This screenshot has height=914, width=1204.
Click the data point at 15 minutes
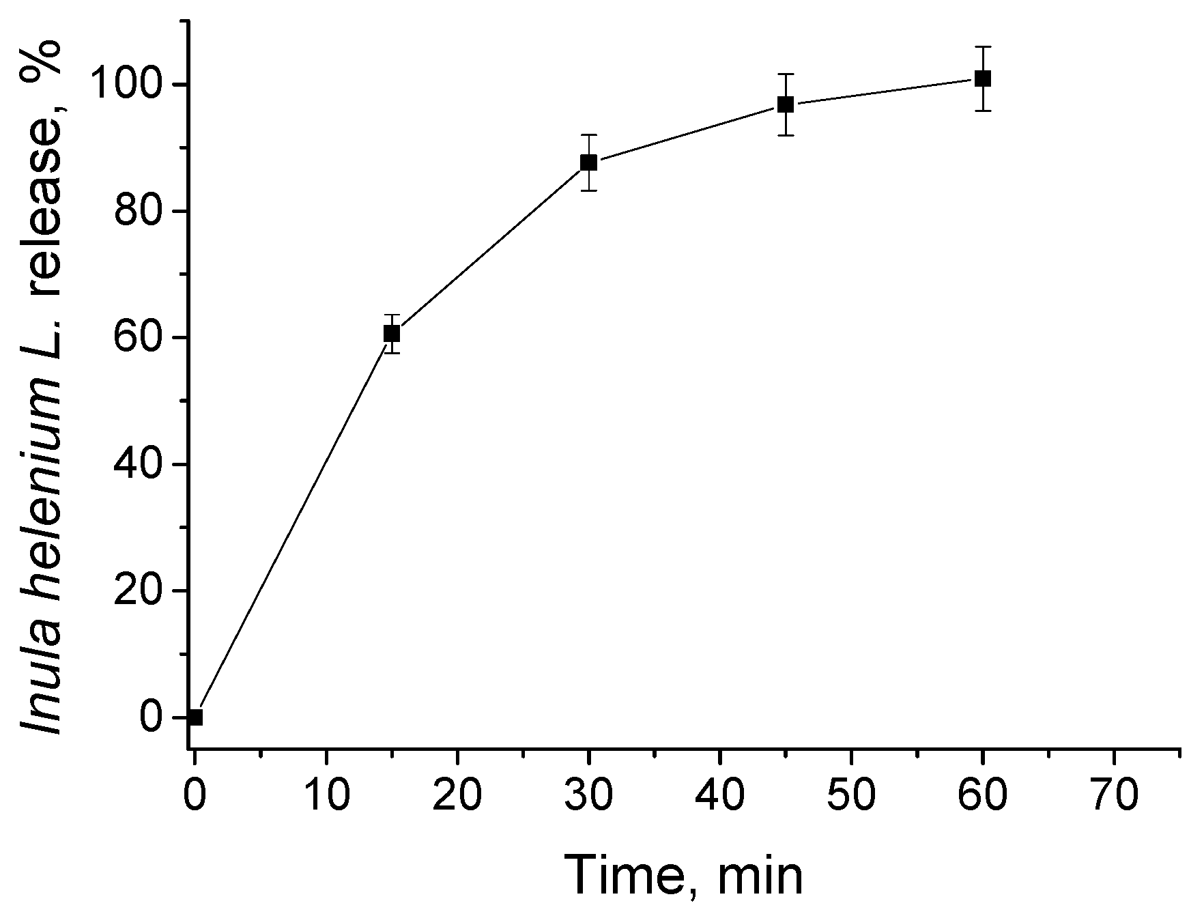392,333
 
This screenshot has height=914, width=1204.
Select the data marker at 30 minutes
588,162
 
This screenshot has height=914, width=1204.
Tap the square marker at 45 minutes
786,104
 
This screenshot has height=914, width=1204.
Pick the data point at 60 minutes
983,78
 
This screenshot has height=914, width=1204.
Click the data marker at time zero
195,717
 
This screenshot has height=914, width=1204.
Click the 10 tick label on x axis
326,796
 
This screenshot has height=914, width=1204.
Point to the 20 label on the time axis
457,796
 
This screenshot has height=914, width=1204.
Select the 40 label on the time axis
720,796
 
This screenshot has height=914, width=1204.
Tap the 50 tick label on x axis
851,796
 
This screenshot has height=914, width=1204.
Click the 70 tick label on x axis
1114,796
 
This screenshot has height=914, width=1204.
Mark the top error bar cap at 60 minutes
983,46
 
